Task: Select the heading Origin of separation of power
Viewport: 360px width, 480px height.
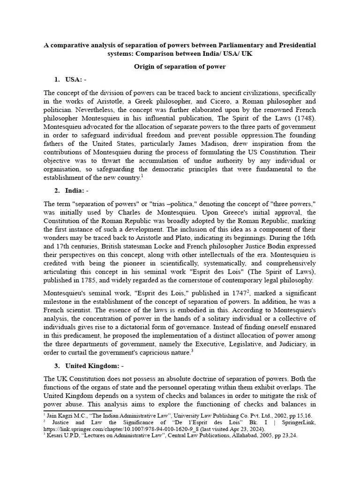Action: click(x=180, y=67)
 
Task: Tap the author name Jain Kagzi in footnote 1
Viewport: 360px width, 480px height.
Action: click(x=58, y=415)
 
